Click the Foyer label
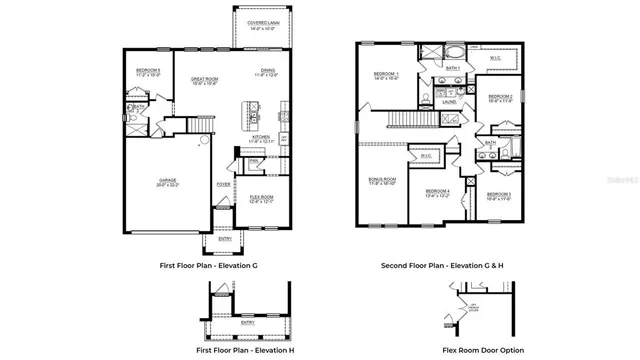point(223,184)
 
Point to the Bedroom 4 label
point(437,192)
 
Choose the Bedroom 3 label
point(499,194)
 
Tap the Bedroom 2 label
point(500,97)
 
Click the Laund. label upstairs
point(449,101)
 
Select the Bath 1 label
point(452,68)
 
